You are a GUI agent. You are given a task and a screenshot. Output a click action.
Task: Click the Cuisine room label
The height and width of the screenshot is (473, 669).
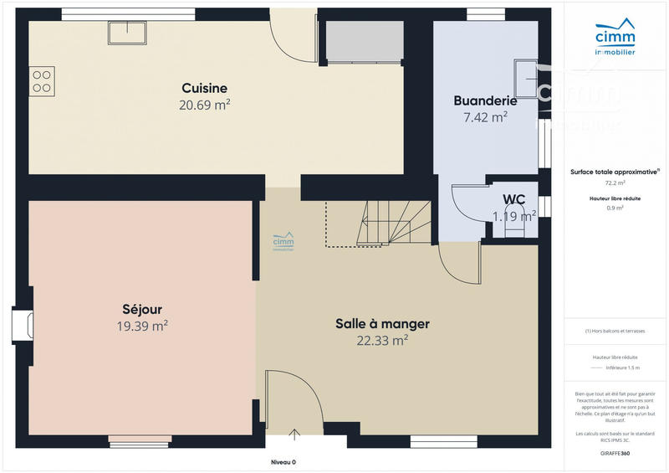point(205,88)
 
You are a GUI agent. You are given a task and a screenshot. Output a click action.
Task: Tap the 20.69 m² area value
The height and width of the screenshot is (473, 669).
point(204,105)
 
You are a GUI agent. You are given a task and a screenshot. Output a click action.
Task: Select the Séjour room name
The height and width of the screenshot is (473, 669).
point(141,307)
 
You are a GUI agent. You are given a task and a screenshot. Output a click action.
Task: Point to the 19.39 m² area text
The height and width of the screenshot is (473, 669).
point(141,325)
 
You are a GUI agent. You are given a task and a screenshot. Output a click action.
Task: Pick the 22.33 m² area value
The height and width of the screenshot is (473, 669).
point(382,340)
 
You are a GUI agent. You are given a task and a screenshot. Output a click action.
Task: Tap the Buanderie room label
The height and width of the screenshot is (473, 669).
point(485,100)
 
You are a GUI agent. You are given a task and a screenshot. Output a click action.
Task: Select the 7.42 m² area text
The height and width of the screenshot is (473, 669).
point(485,117)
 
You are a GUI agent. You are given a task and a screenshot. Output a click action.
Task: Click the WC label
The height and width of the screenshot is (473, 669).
point(513,199)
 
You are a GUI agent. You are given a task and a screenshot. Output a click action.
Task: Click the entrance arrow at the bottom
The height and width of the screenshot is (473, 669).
point(294,433)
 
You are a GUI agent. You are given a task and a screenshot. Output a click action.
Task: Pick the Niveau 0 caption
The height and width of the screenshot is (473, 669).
point(283,462)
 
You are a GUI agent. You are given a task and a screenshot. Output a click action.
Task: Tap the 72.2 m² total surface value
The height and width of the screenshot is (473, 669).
point(615,182)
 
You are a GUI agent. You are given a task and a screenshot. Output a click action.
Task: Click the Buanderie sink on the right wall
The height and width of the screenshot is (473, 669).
point(527,75)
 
